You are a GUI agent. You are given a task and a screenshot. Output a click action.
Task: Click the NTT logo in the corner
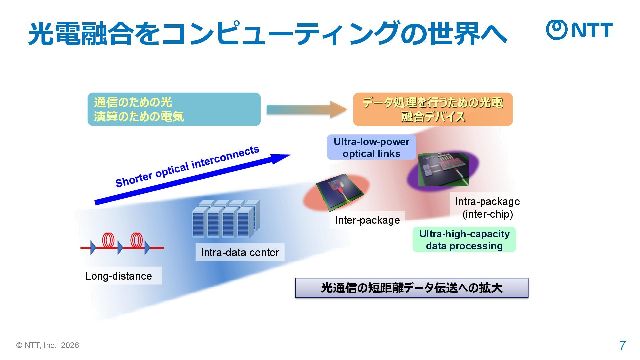579,30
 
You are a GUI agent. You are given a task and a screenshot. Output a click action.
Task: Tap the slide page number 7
622,346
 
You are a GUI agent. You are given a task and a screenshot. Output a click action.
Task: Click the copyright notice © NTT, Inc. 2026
48,345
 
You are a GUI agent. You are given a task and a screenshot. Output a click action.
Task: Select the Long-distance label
119,276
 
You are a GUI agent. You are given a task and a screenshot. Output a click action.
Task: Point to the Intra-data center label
240,252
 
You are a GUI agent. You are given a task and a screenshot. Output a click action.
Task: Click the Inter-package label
367,220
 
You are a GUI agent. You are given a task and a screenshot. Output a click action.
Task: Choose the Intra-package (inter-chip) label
487,207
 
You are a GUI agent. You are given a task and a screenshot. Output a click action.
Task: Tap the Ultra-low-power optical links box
371,147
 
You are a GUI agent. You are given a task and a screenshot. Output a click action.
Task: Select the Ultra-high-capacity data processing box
464,240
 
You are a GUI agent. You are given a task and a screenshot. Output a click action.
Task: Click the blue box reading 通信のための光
174,109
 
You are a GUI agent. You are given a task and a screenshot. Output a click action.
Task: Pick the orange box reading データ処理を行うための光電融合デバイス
433,109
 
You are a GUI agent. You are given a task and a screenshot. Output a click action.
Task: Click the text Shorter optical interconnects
187,166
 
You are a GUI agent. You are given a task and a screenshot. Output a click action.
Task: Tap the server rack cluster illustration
226,219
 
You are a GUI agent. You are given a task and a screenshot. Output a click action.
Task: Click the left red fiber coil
108,240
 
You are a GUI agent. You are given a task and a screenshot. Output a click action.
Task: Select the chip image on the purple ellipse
443,169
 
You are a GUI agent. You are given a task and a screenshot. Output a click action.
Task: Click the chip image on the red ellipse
339,191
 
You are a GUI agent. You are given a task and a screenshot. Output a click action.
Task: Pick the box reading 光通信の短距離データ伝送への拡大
411,288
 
